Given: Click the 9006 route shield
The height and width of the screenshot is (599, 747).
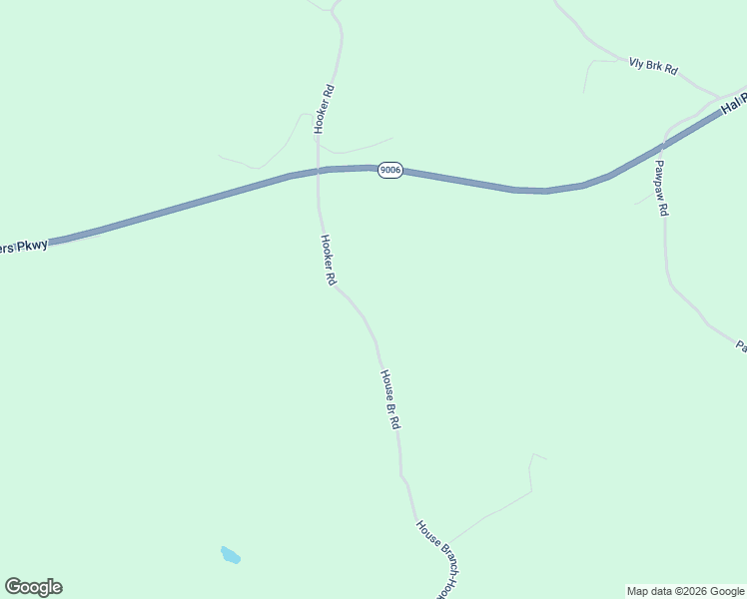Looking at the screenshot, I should click(389, 171).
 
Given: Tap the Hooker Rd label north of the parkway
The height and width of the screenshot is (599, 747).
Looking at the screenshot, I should click(324, 109).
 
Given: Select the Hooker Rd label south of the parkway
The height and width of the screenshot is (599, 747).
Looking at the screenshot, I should click(327, 261).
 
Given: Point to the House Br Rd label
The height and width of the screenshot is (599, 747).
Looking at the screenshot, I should click(389, 399).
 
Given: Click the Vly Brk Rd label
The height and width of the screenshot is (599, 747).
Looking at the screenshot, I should click(653, 66).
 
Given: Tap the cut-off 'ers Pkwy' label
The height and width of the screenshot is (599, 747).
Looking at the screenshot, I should click(23, 246).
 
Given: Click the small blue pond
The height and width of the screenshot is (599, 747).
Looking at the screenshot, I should click(231, 554).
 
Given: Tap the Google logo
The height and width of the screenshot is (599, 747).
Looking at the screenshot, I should click(33, 587).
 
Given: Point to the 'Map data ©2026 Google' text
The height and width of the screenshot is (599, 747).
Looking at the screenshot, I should click(685, 591).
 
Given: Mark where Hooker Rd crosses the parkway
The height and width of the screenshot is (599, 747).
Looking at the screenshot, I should click(319, 171).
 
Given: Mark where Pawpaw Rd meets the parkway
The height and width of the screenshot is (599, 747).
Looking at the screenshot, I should click(666, 135).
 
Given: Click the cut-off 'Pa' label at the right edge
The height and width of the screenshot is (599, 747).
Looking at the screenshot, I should click(741, 346).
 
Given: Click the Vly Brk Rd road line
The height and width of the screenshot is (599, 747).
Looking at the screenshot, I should click(599, 48).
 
